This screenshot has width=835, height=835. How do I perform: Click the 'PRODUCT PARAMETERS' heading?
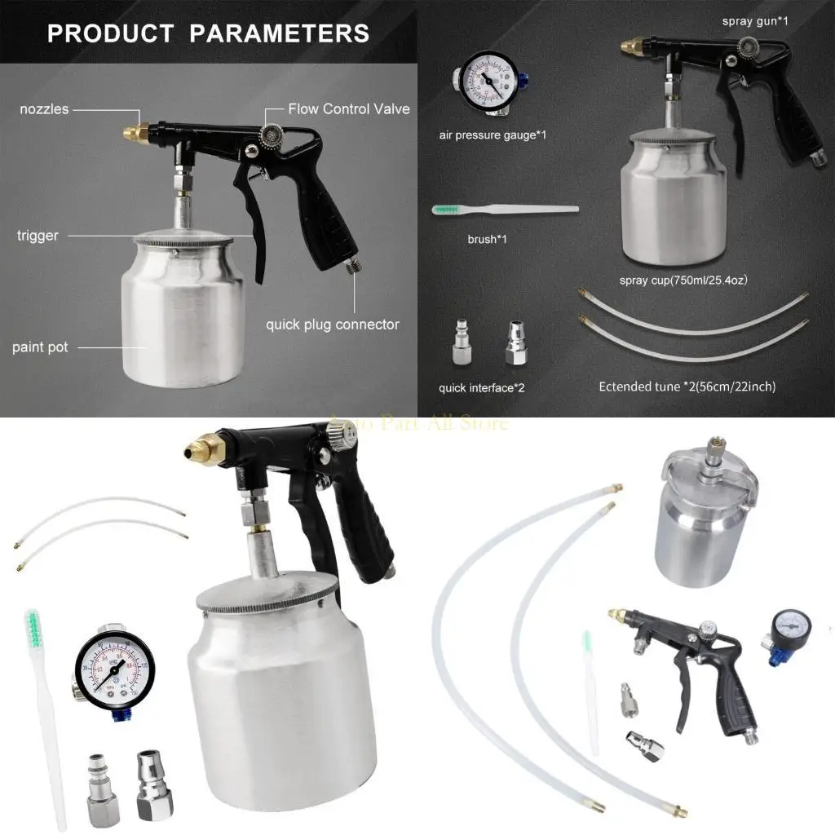point(208,33)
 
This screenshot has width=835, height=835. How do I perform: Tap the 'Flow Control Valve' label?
point(349,108)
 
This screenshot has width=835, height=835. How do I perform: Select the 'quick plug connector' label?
point(332,325)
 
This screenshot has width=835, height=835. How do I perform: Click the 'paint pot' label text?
point(40,347)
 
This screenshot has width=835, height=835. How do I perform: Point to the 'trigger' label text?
point(38,236)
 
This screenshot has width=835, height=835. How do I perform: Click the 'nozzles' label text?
point(44,109)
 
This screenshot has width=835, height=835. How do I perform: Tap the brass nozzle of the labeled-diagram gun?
point(134,130)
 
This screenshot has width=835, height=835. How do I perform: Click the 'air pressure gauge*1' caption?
point(493,135)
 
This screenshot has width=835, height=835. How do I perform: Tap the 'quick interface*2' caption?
point(481,387)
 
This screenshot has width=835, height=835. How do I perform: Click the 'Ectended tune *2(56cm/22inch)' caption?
point(687,387)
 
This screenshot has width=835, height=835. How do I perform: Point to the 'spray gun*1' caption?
point(754,21)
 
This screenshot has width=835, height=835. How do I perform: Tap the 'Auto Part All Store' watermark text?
point(417,423)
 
